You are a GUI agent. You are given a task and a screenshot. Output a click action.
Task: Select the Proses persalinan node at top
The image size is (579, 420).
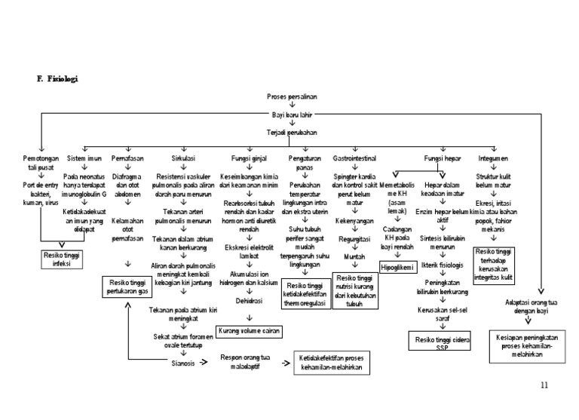pyautogui.click(x=291, y=98)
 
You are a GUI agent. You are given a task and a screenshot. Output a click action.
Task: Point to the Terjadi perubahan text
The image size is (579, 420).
pyautogui.click(x=291, y=131)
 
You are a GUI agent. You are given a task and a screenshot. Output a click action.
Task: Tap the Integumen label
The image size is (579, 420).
pyautogui.click(x=493, y=159)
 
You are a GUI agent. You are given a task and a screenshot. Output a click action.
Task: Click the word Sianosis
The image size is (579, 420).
pyautogui.click(x=184, y=363)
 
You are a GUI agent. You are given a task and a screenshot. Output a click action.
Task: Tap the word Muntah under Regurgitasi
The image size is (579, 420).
pyautogui.click(x=354, y=256)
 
